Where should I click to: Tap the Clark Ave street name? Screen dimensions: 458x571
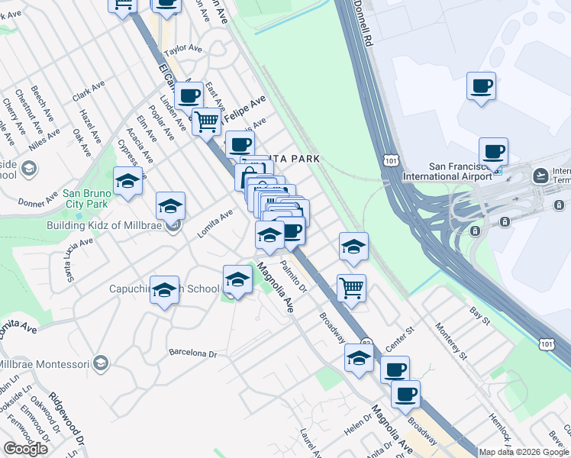(88, 93)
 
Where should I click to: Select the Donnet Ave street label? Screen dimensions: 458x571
(38, 201)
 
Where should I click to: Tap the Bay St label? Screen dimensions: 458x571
(479, 314)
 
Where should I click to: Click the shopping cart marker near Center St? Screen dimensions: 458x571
(351, 289)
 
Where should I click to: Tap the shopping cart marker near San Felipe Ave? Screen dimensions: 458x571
(206, 121)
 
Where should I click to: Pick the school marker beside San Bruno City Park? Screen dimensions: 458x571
(127, 181)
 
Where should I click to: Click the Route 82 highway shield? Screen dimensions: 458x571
(368, 344)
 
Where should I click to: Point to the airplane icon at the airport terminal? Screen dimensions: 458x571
(541, 176)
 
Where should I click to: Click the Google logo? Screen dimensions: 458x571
(25, 449)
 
